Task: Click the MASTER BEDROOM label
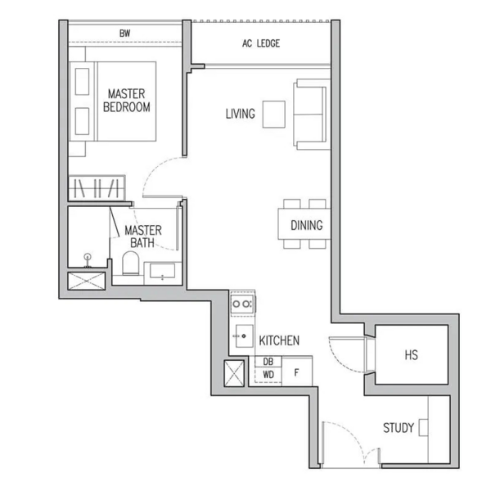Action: (x=127, y=100)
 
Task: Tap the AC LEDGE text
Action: (x=261, y=43)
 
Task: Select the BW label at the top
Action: (x=125, y=34)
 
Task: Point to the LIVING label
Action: (x=240, y=114)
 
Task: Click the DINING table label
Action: (x=307, y=225)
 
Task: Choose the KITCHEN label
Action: (x=279, y=340)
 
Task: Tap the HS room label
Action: (x=411, y=355)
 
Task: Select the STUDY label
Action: (x=399, y=428)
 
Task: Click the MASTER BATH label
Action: (x=143, y=236)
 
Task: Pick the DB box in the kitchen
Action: (x=268, y=362)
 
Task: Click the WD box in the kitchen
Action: (x=268, y=375)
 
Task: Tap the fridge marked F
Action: (x=297, y=372)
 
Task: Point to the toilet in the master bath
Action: (x=131, y=263)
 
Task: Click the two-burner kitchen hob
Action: (x=242, y=304)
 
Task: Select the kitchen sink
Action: (x=244, y=336)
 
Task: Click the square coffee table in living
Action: (x=273, y=115)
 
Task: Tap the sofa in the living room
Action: (x=312, y=115)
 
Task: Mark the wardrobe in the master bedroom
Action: (x=97, y=188)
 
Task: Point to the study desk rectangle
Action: (x=423, y=428)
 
